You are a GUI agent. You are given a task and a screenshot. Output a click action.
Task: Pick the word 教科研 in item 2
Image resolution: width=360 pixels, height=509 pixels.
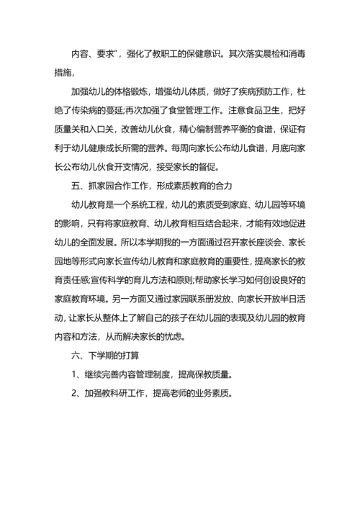pos(117,414)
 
